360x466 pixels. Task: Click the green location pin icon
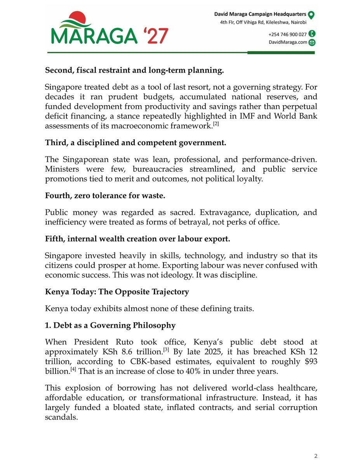pyautogui.click(x=311, y=15)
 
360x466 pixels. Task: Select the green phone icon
pyautogui.click(x=311, y=34)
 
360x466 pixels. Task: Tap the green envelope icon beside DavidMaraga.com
pyautogui.click(x=311, y=43)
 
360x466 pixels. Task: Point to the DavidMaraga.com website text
pyautogui.click(x=288, y=43)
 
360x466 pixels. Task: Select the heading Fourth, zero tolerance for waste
pyautogui.click(x=105, y=196)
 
